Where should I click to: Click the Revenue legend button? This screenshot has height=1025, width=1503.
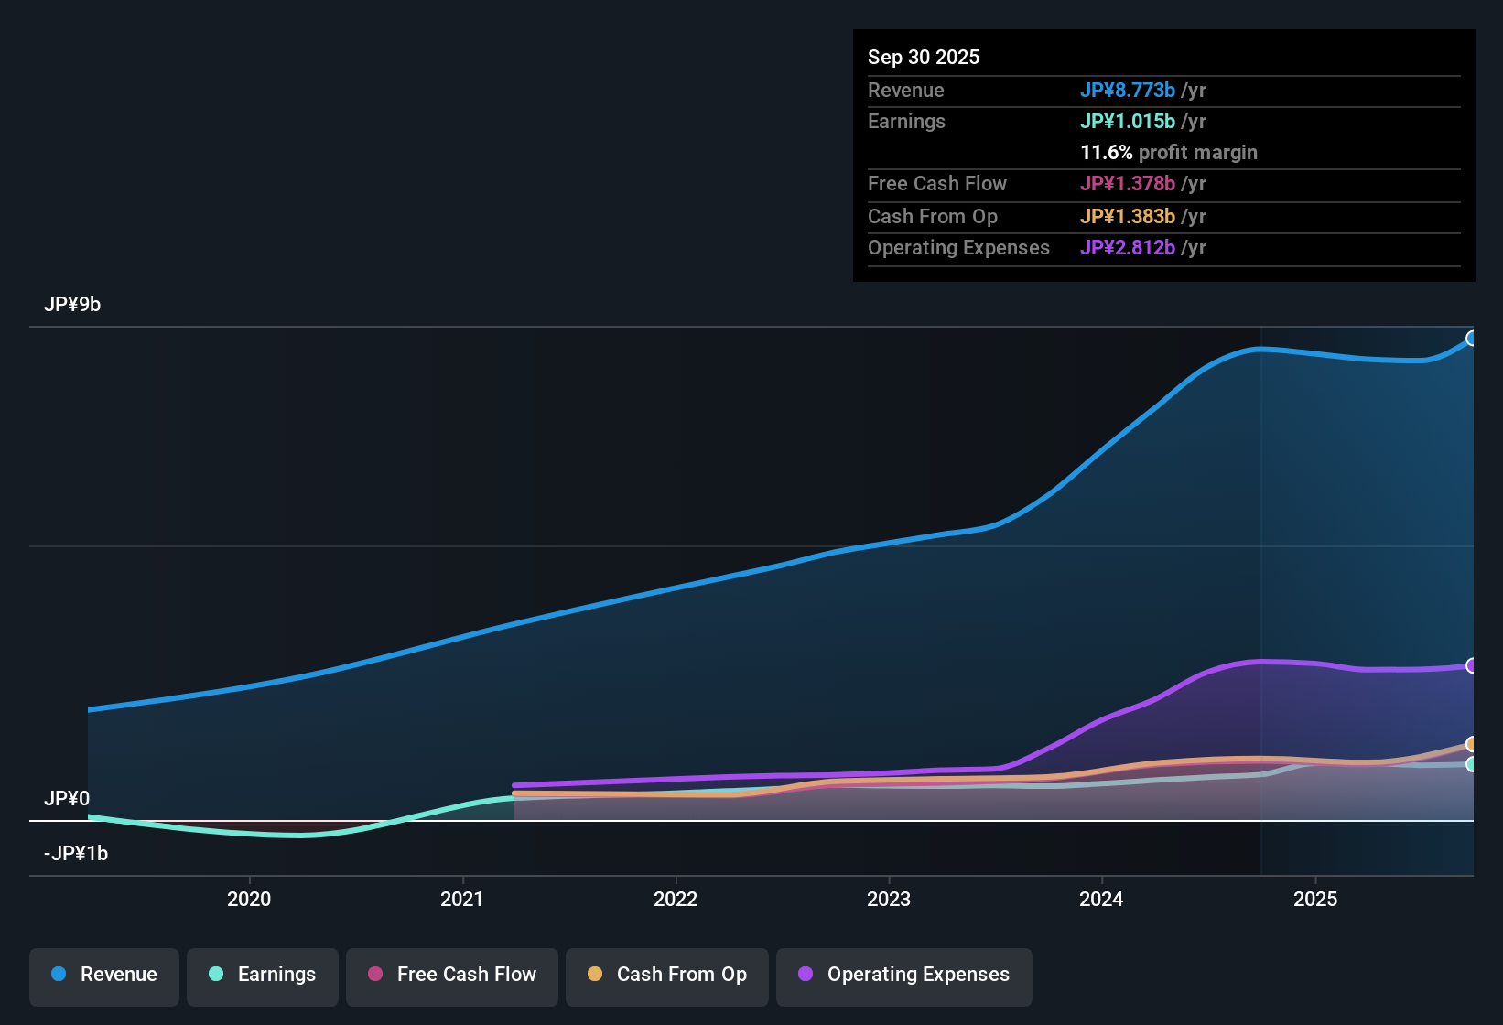pos(104,975)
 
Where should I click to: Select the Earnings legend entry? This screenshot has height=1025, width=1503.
pos(263,975)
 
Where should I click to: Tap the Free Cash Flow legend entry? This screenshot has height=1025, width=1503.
pos(452,975)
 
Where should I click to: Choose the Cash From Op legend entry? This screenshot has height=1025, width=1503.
pos(667,975)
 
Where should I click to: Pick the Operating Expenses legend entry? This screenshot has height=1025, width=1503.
pos(904,975)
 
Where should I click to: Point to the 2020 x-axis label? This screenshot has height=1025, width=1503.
pos(249,900)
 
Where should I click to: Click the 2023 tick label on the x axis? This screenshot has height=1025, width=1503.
pos(889,900)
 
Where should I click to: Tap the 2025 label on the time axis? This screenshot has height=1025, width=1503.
pos(1315,900)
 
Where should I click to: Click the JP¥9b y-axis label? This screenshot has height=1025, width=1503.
pos(72,305)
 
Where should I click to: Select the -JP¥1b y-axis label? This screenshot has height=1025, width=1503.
pos(76,854)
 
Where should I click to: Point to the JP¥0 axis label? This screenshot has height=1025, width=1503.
pos(67,799)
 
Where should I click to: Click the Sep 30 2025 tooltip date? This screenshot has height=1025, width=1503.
pos(924,58)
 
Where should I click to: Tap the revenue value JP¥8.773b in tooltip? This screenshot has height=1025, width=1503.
pos(1127,91)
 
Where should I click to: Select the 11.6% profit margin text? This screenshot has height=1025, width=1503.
pos(1169,153)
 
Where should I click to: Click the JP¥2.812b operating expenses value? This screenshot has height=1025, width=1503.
pos(1127,248)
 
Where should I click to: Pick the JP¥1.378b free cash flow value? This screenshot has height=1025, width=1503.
pos(1127,184)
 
